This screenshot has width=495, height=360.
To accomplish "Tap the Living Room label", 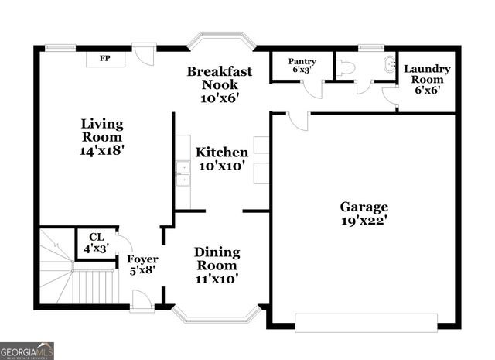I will coord(102,137).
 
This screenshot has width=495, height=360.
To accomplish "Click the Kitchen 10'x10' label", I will coord(221,158).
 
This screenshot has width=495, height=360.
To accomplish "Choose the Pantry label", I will coord(302,65).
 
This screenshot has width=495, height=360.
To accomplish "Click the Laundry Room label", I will coord(426,79).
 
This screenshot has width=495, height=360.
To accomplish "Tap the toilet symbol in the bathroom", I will coord(345,68).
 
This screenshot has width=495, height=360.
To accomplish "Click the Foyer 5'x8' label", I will coord(142,265).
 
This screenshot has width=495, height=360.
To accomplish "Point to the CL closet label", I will coord(96,243).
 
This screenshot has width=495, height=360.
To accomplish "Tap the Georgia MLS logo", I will coord(27,351).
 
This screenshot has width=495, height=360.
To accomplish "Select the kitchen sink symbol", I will coord(183,174).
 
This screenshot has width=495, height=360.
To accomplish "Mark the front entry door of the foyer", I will coord(142,301).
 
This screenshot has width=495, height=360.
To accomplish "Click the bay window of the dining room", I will coord(216,314).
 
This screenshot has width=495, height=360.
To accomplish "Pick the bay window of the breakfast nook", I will coord(220,40).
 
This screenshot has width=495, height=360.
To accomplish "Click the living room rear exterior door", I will coord(144,54).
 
